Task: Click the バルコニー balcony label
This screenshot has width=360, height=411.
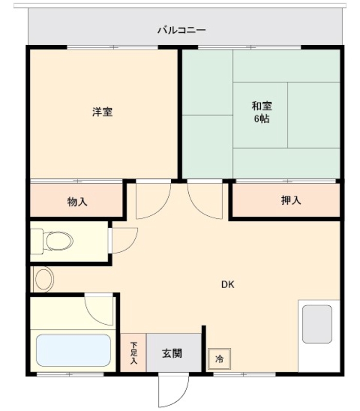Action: tap(181, 30)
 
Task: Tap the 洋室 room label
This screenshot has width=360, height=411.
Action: tap(102, 111)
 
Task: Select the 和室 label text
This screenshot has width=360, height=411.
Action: tap(261, 106)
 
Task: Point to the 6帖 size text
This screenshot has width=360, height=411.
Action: tap(261, 119)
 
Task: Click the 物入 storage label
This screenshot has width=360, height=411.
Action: tap(77, 201)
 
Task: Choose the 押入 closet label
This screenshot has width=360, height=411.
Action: tap(291, 200)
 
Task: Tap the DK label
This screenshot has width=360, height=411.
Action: tap(228, 284)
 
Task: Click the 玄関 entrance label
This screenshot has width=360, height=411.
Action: tap(172, 353)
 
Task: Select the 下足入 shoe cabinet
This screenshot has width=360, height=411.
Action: tap(133, 353)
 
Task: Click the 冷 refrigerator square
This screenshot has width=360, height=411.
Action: tap(219, 358)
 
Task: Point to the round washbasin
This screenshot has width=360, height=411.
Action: tap(44, 279)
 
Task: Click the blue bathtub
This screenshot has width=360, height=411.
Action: tap(74, 350)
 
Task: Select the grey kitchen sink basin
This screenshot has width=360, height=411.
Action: tap(317, 324)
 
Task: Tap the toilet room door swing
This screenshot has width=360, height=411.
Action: tap(123, 240)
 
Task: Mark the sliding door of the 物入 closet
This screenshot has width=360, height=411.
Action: tap(77, 181)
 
